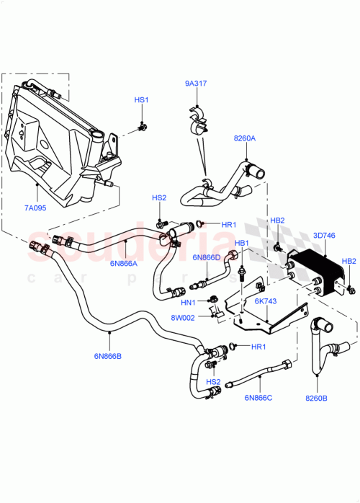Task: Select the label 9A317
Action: [195, 83]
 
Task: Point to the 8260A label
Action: [244, 138]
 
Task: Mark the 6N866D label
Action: [206, 257]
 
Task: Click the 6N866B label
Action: [107, 355]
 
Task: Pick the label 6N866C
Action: [258, 396]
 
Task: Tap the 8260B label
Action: [317, 397]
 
